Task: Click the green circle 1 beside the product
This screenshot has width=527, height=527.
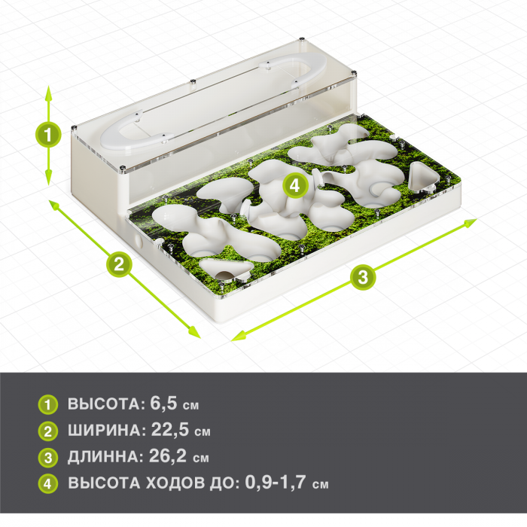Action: tap(48, 135)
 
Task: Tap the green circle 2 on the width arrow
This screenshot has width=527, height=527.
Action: tap(119, 263)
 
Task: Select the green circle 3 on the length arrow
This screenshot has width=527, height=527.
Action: tap(363, 278)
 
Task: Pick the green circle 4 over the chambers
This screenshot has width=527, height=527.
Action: tap(295, 185)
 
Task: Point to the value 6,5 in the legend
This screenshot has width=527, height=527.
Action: tap(163, 403)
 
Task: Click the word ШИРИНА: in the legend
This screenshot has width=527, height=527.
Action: tap(107, 431)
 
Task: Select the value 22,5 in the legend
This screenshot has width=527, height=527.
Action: tap(170, 430)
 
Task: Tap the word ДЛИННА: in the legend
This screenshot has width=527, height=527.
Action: tap(106, 457)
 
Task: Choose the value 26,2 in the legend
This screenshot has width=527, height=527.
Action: tap(168, 455)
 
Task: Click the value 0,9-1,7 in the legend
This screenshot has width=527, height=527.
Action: tap(276, 482)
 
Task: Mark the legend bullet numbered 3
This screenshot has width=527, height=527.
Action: tap(48, 458)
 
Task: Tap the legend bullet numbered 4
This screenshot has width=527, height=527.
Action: tap(48, 483)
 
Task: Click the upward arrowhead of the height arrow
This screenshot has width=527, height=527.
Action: tap(49, 93)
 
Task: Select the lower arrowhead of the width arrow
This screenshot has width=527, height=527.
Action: tap(194, 332)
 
